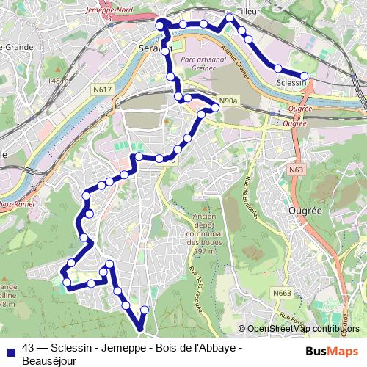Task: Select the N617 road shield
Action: (103, 90)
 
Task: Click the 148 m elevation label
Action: (57, 80)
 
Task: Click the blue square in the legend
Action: (9, 349)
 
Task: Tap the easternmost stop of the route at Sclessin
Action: (304, 75)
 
